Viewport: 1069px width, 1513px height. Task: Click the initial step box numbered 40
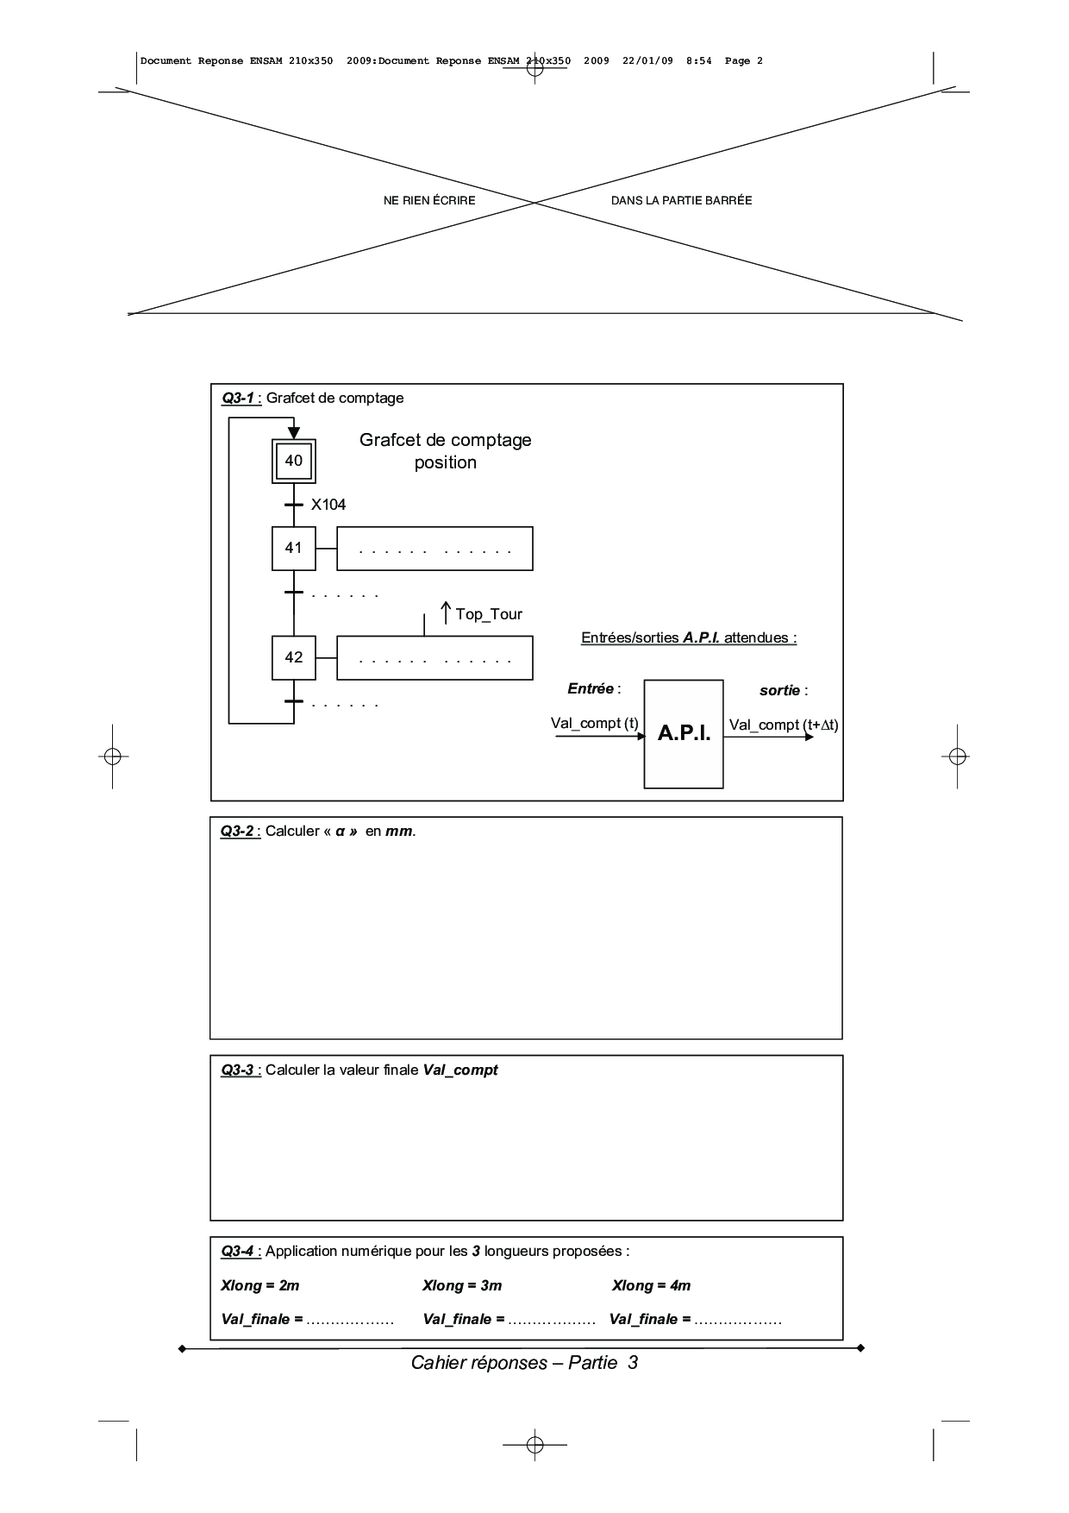[x=293, y=461]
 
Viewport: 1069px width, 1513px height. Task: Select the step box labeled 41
[x=293, y=548]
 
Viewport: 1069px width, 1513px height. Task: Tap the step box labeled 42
[x=293, y=657]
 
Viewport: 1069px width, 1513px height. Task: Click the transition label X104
[x=328, y=505]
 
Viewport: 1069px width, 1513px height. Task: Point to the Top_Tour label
[x=488, y=614]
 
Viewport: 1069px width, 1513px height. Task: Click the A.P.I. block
[x=684, y=733]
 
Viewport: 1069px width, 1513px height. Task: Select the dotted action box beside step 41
[x=434, y=549]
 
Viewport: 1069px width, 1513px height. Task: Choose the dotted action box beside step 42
[x=434, y=658]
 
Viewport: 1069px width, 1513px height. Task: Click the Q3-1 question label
[x=238, y=398]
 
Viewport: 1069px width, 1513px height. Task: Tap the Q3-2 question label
[x=237, y=831]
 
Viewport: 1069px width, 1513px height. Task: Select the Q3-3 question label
[x=237, y=1070]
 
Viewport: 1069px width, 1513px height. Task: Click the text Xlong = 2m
[x=260, y=1285]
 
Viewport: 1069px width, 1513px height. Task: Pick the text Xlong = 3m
[x=462, y=1285]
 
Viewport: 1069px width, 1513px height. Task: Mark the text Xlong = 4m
[x=652, y=1285]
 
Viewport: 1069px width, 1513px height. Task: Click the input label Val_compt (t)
[x=595, y=723]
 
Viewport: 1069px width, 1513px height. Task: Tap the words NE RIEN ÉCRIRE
[x=429, y=200]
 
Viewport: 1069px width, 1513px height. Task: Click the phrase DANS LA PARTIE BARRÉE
[x=682, y=200]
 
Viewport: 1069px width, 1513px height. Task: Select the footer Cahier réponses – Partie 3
[x=524, y=1363]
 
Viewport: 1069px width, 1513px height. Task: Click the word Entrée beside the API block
[x=591, y=688]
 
